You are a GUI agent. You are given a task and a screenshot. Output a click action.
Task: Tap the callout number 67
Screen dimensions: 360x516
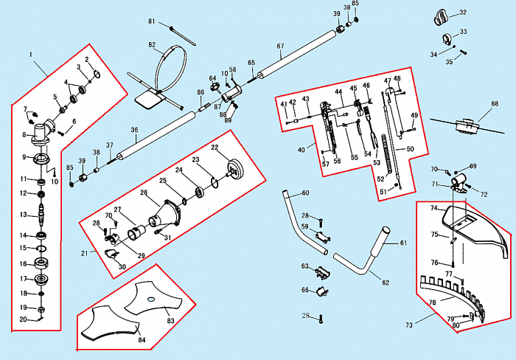pyautogui.click(x=280, y=46)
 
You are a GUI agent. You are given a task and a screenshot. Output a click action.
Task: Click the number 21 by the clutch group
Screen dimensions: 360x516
pyautogui.click(x=85, y=253)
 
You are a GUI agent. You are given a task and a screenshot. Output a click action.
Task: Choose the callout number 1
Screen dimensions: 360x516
pyautogui.click(x=31, y=55)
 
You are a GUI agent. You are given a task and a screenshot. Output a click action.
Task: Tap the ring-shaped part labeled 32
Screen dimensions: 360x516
pyautogui.click(x=443, y=15)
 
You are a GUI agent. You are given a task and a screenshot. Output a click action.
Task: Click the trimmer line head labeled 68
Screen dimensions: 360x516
pyautogui.click(x=465, y=126)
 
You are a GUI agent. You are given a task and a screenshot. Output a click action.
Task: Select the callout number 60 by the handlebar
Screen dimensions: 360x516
pyautogui.click(x=305, y=193)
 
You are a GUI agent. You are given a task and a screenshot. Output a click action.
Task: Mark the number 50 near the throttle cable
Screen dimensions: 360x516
pyautogui.click(x=411, y=148)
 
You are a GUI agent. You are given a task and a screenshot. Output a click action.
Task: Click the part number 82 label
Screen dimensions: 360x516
pyautogui.click(x=152, y=45)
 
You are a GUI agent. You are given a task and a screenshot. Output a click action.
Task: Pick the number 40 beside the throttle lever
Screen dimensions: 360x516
pyautogui.click(x=301, y=150)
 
